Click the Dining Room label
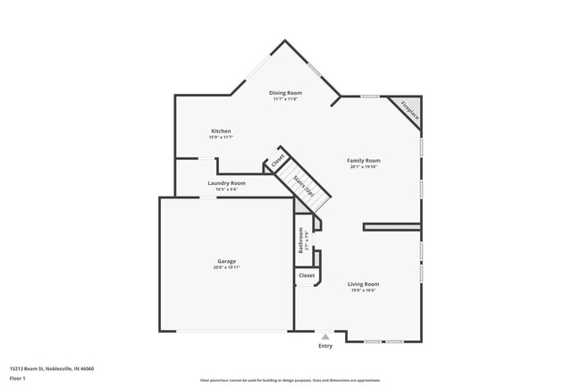tap(286, 93)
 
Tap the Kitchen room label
tap(221, 131)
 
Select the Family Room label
tap(364, 161)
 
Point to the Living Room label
tap(364, 284)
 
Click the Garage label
tap(226, 261)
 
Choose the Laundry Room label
tap(226, 183)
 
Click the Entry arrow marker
tap(325, 336)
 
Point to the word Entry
tap(325, 346)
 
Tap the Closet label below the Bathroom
tap(307, 276)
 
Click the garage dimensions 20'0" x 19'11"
tap(226, 267)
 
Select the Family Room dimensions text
tap(364, 167)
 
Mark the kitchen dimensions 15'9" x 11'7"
tap(221, 138)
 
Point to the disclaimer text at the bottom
tap(290, 379)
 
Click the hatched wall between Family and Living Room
tap(391, 227)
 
